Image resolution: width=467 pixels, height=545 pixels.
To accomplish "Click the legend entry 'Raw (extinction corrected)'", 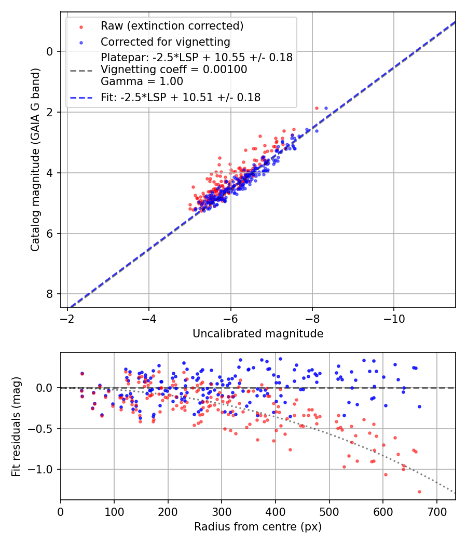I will (172, 26).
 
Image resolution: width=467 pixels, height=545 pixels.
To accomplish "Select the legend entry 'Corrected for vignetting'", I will (165, 42).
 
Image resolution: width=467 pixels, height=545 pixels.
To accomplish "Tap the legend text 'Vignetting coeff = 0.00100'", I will (174, 70).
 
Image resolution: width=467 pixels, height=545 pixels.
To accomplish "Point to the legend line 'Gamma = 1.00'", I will (142, 81).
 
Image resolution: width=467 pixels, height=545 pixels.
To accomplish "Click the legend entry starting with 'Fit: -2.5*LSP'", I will (180, 97).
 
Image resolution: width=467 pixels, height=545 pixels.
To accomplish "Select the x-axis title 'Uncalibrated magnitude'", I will (258, 334).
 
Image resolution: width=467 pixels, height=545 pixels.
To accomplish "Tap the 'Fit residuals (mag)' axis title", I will (16, 426).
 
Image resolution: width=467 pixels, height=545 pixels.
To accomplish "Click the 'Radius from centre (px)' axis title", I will (258, 527).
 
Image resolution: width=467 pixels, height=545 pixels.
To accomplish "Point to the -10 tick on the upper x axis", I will (394, 318).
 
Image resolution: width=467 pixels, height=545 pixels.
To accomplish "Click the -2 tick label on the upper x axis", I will (67, 318).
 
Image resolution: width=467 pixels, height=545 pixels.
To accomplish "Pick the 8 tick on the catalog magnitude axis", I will (50, 294).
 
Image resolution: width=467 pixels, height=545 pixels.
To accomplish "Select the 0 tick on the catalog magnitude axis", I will (50, 51).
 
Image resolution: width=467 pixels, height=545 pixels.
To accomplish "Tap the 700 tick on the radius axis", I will (436, 511).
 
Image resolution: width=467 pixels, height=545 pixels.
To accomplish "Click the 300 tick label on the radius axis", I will (222, 511).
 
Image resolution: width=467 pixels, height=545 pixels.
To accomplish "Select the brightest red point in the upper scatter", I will (317, 108).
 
